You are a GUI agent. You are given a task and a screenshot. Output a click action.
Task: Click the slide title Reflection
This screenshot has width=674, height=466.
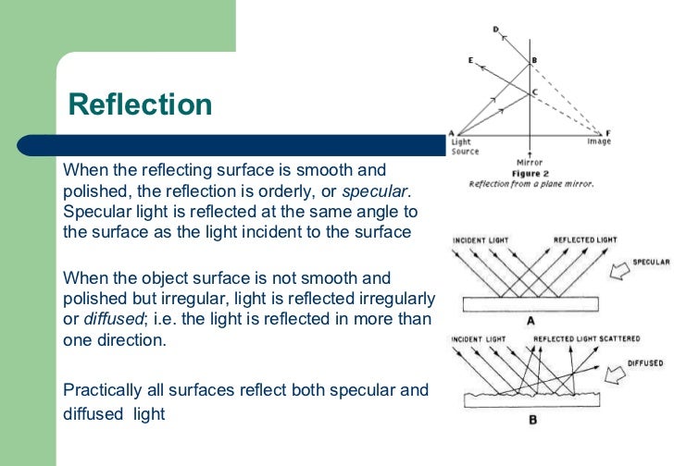pos(141,104)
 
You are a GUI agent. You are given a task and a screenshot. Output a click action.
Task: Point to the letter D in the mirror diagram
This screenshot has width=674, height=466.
pos(495,30)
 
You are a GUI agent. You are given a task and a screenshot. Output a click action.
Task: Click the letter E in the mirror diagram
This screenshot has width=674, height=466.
pos(471,60)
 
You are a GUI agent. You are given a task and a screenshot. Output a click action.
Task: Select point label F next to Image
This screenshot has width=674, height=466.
pos(607,132)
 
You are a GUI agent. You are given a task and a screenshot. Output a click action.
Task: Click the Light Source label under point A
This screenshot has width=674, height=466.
pos(462,146)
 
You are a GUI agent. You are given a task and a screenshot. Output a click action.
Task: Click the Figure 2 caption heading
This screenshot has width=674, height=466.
pos(529,173)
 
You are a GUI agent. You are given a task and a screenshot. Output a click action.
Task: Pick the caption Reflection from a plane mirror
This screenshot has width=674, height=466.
pos(530,184)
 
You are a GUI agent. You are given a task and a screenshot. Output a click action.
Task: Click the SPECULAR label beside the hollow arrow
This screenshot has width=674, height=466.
pos(651,263)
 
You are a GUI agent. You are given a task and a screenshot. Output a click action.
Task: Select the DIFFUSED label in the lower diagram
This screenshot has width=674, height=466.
pos(643,363)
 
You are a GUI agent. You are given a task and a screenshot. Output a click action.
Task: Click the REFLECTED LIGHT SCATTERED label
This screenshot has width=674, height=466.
pos(586,339)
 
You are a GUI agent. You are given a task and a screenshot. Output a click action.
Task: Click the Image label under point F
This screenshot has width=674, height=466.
pos(599,142)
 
